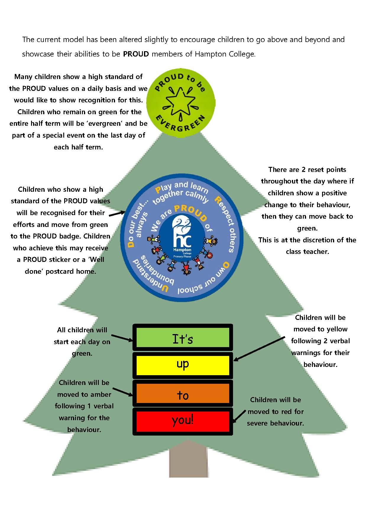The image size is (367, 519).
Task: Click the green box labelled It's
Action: click(x=182, y=338)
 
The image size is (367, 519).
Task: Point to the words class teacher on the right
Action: click(x=307, y=252)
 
